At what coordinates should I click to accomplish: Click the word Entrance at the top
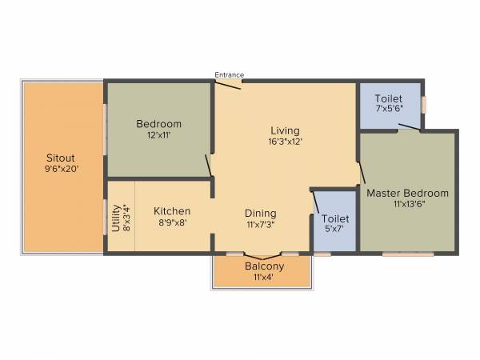(229, 75)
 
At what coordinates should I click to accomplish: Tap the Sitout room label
(62, 157)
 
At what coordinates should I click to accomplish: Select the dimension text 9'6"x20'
(62, 168)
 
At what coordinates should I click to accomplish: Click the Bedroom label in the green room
(158, 124)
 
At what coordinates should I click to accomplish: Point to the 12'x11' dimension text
(158, 135)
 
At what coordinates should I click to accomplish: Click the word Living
(284, 130)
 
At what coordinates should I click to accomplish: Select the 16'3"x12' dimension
(284, 142)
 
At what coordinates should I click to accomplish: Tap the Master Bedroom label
(407, 194)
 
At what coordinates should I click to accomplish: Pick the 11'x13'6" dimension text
(407, 205)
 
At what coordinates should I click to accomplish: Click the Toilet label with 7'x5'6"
(389, 98)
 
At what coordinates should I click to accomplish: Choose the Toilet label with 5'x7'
(334, 218)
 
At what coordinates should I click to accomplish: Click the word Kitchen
(171, 212)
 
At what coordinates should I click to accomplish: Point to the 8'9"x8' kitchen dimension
(171, 223)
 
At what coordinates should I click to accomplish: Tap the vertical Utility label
(116, 218)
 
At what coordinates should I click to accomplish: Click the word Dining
(260, 214)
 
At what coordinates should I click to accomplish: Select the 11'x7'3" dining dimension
(260, 225)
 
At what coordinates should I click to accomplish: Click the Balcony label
(263, 266)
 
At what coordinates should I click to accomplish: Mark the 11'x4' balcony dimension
(263, 278)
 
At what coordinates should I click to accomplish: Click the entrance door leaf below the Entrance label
(230, 84)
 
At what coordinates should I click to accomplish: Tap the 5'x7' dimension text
(334, 230)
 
